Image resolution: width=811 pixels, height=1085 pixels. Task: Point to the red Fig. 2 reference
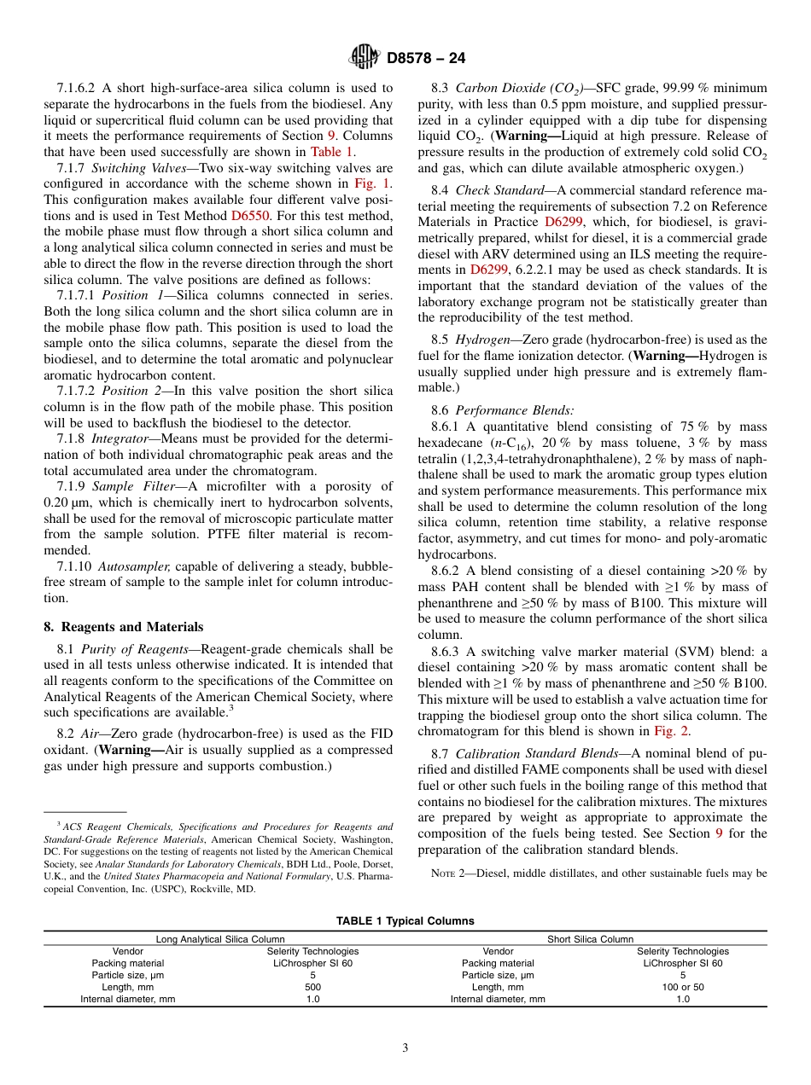[x=671, y=730]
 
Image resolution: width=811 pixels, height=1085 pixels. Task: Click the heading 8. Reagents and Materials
[x=123, y=626]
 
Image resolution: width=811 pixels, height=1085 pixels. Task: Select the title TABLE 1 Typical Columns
[x=405, y=920]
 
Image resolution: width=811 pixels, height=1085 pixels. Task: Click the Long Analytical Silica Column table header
[x=220, y=938]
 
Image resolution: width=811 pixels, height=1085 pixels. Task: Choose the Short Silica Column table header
[x=590, y=938]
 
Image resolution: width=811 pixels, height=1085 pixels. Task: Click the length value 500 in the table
[x=312, y=987]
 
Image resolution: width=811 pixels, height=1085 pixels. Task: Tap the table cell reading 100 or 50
[x=682, y=987]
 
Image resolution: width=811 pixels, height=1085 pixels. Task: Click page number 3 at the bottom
[x=405, y=1048]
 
